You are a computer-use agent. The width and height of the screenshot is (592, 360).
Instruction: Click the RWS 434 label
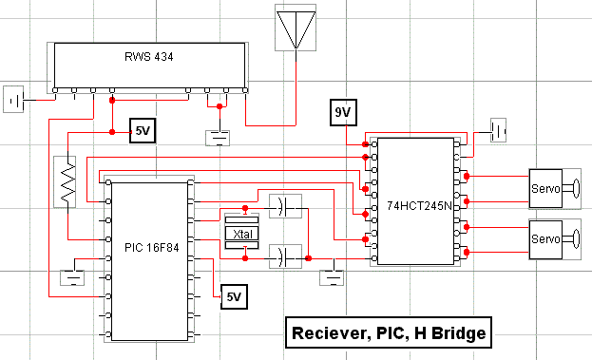click(x=149, y=57)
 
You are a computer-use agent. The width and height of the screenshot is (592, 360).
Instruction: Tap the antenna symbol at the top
click(x=296, y=28)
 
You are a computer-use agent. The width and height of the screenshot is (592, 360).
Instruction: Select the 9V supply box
click(x=343, y=112)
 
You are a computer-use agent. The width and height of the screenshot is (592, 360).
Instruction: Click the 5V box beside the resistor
click(x=143, y=131)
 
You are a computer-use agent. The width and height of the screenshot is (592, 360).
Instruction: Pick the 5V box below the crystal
click(x=234, y=296)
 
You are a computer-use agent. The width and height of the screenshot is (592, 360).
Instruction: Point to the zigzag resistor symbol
click(x=65, y=181)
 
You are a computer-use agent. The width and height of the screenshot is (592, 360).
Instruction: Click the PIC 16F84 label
click(x=152, y=248)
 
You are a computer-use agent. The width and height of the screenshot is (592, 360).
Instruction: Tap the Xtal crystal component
click(x=241, y=234)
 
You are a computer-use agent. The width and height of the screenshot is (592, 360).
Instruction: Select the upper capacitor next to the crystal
click(x=285, y=206)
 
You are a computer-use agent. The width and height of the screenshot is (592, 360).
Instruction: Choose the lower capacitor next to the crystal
click(x=285, y=256)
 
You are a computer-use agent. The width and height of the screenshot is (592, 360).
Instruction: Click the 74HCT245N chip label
click(x=419, y=206)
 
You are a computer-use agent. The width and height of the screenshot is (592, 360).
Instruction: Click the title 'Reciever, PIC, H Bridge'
click(x=389, y=332)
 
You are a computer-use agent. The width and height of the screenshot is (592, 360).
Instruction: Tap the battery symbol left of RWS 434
click(x=13, y=99)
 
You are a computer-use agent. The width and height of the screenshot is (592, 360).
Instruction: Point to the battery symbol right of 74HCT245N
click(x=498, y=130)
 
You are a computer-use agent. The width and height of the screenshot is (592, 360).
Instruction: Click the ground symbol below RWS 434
click(x=218, y=138)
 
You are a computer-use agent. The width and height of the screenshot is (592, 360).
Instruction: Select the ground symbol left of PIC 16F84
click(x=72, y=277)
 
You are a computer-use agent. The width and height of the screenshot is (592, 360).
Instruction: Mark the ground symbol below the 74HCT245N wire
click(x=332, y=277)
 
